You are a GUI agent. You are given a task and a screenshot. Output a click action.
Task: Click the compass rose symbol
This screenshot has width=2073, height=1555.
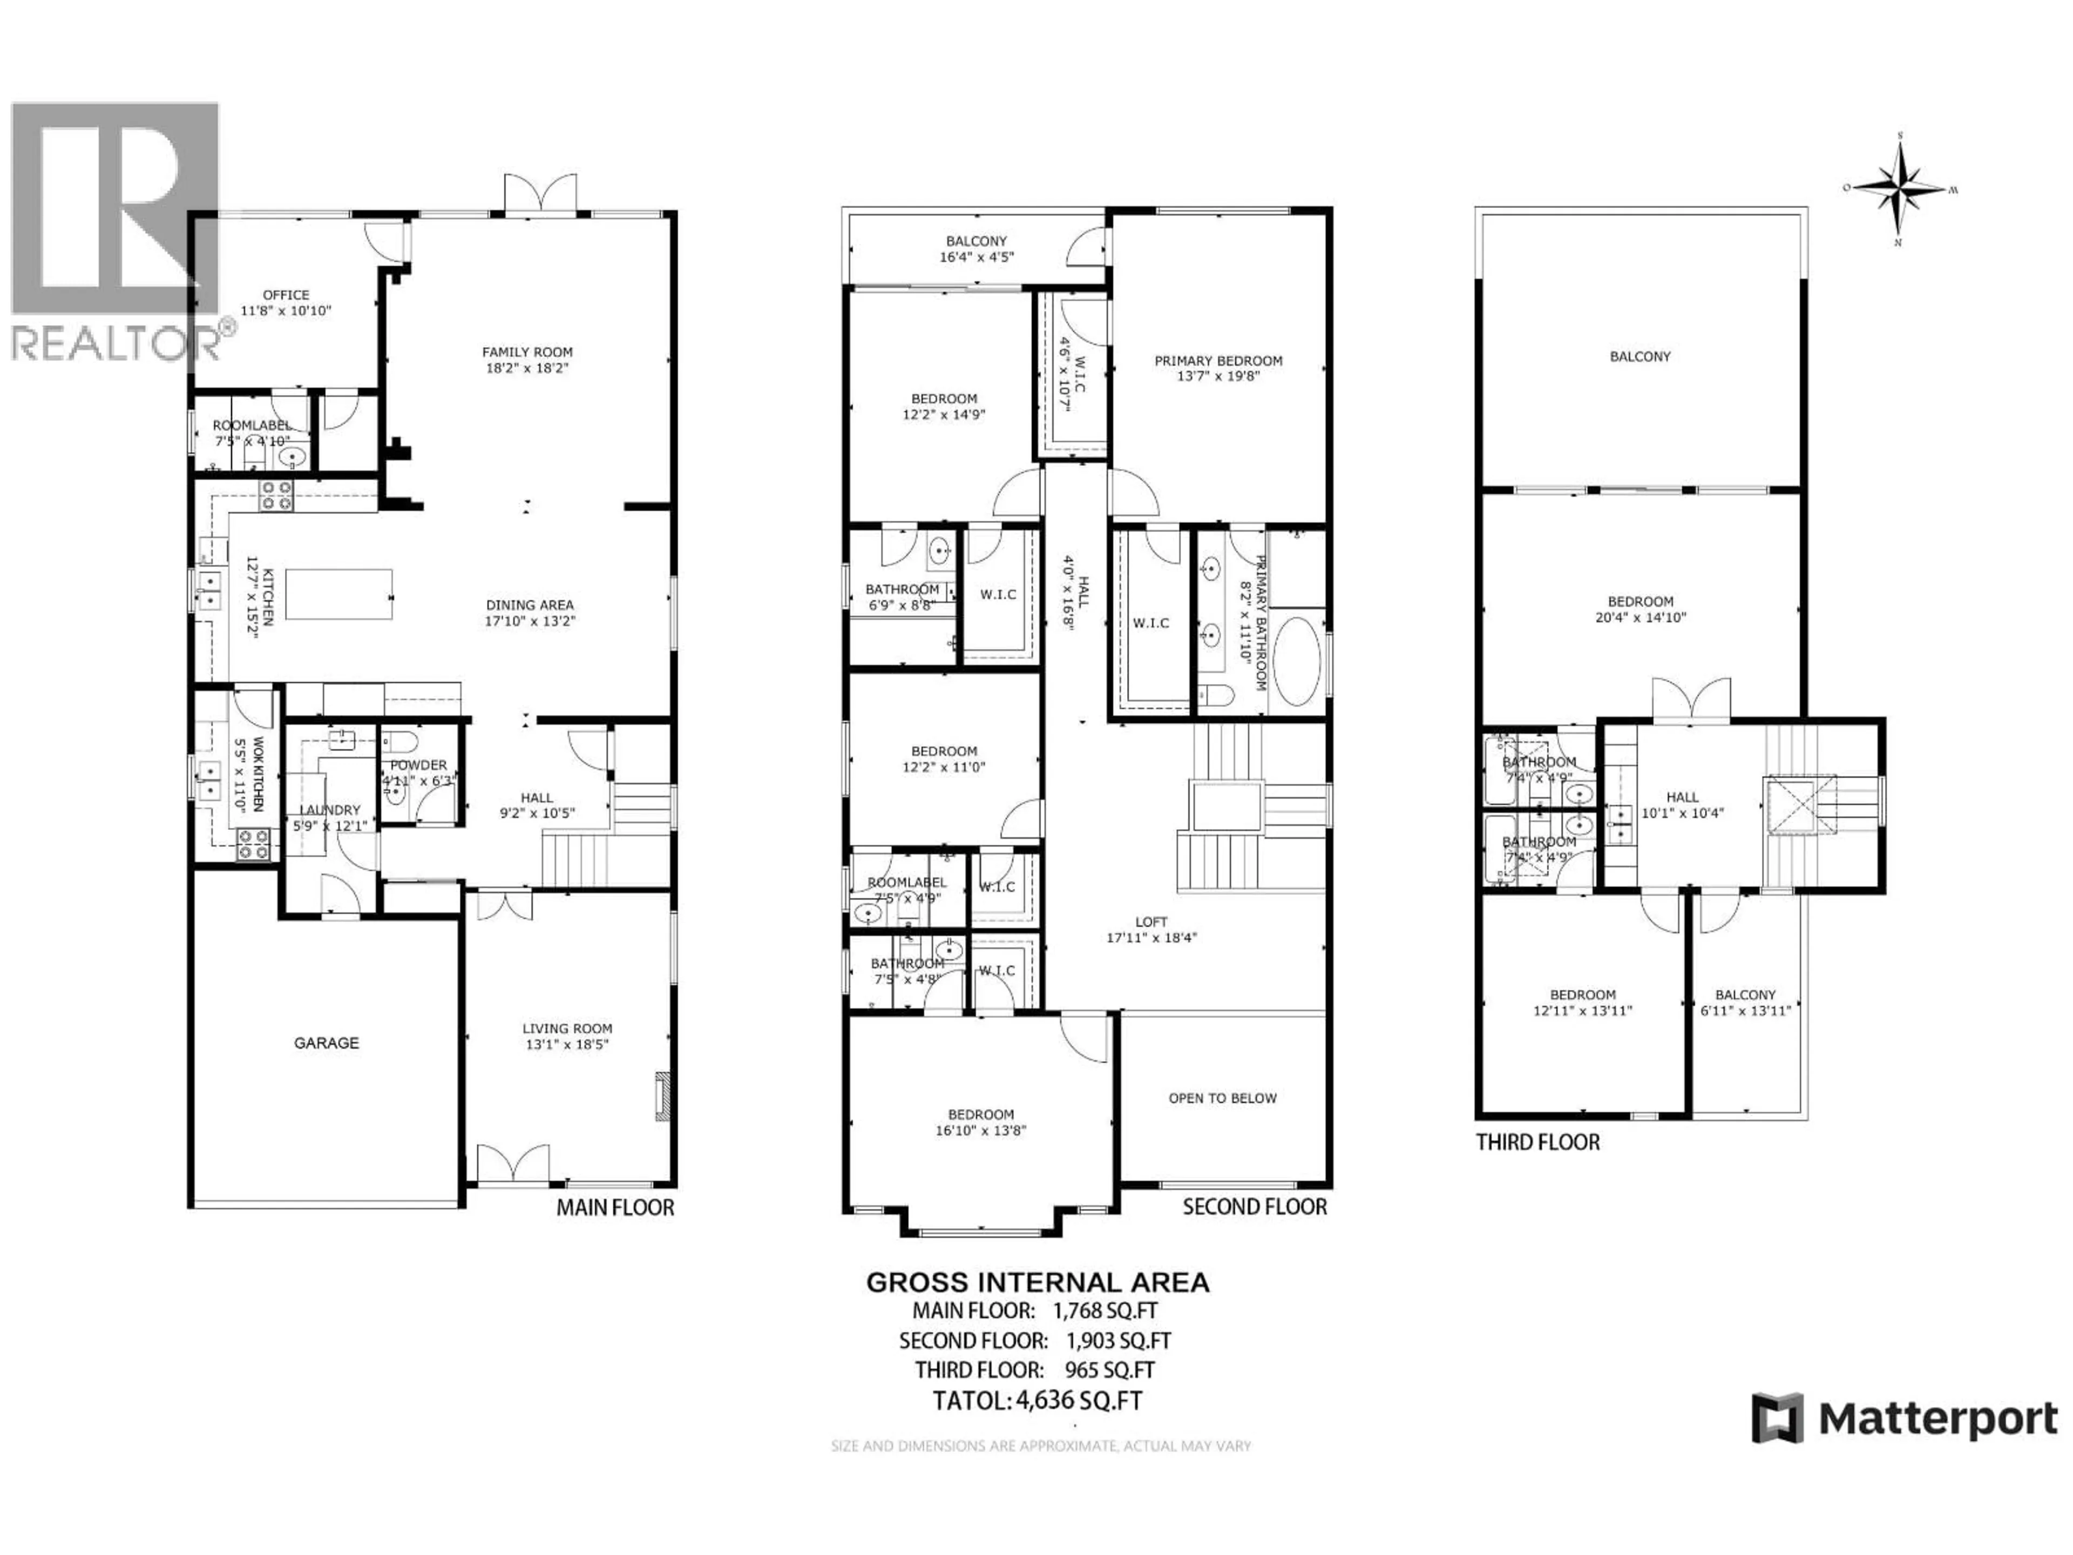[x=1900, y=190]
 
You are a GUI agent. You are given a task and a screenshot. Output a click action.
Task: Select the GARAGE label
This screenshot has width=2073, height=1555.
[x=326, y=1042]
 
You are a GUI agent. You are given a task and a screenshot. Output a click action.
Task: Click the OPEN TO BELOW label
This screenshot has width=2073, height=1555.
[x=1222, y=1098]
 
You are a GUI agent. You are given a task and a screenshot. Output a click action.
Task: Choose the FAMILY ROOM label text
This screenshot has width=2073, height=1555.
[x=527, y=351]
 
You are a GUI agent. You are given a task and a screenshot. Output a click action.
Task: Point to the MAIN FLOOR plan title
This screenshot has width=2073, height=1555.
[x=615, y=1207]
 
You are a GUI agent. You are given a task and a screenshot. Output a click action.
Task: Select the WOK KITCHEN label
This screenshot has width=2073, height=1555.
[x=258, y=774]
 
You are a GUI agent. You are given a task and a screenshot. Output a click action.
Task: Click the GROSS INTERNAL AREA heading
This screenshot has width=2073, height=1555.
[x=1038, y=1282]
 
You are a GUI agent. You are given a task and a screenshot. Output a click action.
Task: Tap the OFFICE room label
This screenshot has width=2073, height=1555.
[x=286, y=294]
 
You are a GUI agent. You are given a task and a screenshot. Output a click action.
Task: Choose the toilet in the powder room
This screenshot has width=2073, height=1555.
[x=399, y=742]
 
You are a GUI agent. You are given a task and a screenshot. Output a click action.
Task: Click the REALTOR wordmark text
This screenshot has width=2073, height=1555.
[x=112, y=343]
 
